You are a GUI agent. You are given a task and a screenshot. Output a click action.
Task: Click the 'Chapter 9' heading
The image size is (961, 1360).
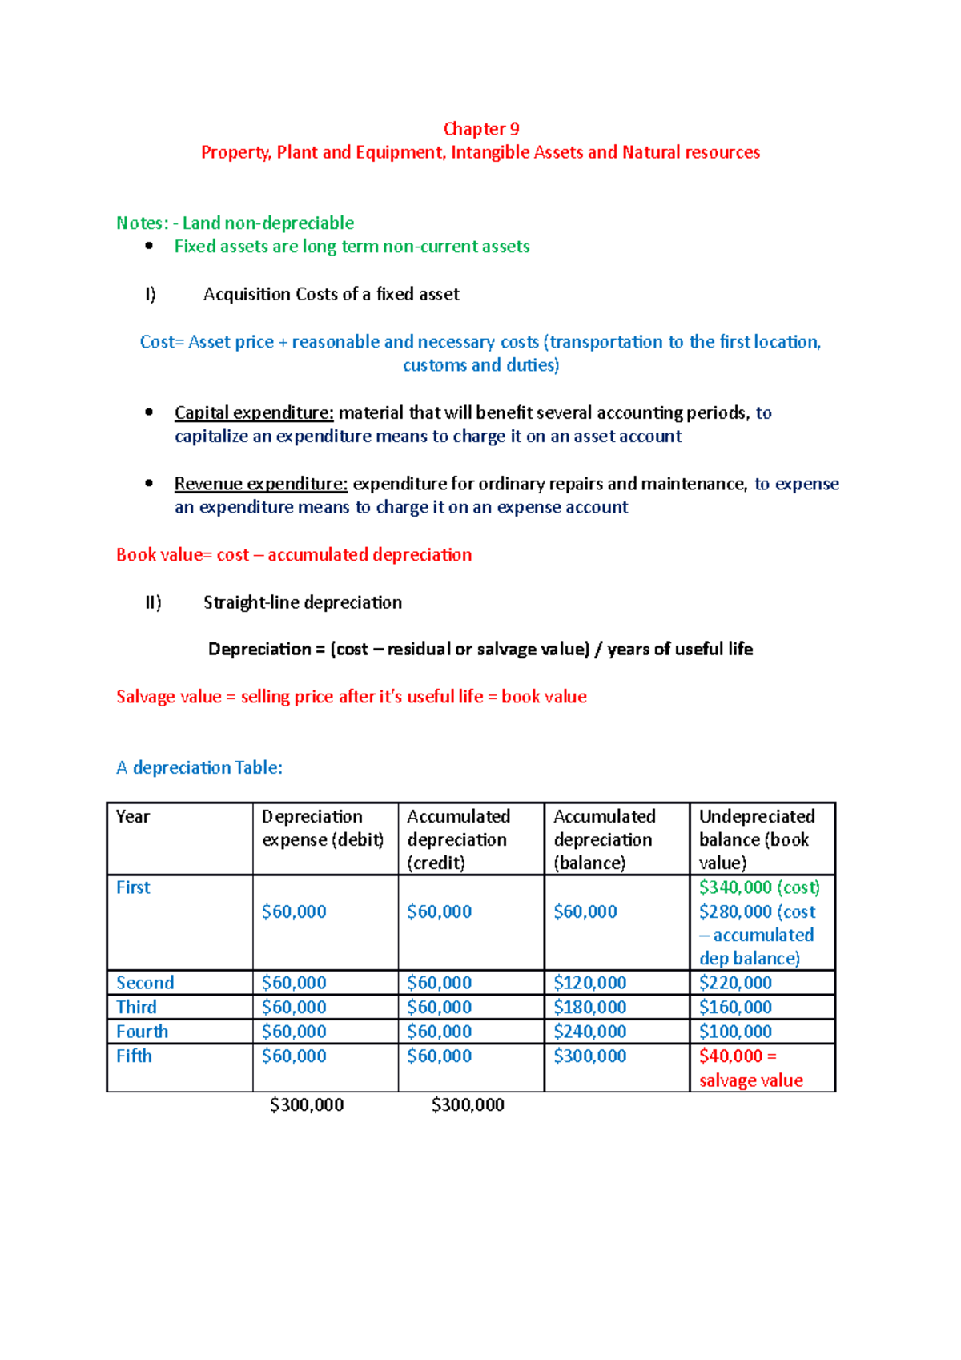click(480, 129)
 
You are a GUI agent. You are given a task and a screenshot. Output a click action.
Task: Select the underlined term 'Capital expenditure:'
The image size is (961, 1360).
click(254, 413)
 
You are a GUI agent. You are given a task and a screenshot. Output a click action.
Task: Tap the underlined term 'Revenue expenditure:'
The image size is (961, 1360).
click(260, 484)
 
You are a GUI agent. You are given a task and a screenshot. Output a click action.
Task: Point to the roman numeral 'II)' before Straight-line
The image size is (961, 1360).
click(153, 602)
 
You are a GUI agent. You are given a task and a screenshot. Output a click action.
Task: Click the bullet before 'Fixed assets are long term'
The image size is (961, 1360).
click(149, 247)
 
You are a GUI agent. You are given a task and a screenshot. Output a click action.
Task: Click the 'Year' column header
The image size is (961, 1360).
click(133, 817)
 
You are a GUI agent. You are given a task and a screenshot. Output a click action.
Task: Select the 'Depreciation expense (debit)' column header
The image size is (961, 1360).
click(323, 828)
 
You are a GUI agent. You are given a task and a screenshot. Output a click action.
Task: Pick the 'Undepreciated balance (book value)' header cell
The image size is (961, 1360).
click(757, 839)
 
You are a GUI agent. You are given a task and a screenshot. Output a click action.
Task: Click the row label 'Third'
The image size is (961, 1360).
click(136, 1008)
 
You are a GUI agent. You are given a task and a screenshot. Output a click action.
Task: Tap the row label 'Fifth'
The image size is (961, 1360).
click(134, 1056)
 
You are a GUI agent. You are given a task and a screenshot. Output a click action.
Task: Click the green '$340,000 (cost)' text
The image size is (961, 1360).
click(759, 887)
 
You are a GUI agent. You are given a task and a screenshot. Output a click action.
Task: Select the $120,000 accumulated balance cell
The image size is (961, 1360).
click(589, 983)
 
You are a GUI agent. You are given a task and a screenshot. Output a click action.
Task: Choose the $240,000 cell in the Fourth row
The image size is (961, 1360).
click(589, 1032)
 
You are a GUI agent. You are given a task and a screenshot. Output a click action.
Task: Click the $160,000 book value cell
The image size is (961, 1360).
click(735, 1008)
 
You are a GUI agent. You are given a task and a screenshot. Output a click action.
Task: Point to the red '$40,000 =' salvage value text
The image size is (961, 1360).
click(738, 1056)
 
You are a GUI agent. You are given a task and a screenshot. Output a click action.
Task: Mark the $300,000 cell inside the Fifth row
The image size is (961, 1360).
click(589, 1056)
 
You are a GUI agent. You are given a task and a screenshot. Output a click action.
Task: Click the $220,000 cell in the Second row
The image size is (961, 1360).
click(735, 983)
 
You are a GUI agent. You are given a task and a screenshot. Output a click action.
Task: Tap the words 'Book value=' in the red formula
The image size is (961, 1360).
click(163, 555)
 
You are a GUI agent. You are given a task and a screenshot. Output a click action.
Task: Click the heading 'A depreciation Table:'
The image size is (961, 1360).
click(199, 768)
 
